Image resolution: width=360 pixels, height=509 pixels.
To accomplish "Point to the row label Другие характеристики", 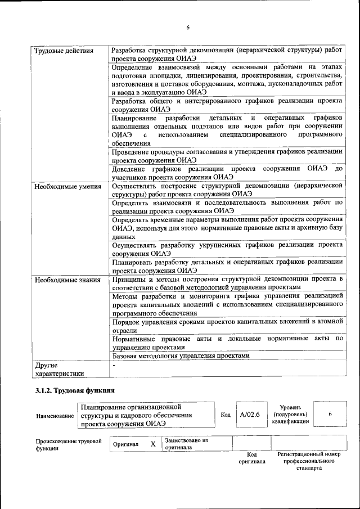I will (59, 368).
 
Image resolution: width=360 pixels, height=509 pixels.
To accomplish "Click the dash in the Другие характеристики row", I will (114, 365).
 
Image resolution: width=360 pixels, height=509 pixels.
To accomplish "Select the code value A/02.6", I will (249, 415).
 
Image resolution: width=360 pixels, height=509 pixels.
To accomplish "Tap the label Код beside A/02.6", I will (226, 415).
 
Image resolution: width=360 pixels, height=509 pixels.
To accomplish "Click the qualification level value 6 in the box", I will (330, 414).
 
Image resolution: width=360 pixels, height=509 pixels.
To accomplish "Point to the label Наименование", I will (55, 416).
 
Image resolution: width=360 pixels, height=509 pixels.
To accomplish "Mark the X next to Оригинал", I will (152, 444).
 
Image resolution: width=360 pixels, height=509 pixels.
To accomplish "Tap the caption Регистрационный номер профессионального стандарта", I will (309, 460).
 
